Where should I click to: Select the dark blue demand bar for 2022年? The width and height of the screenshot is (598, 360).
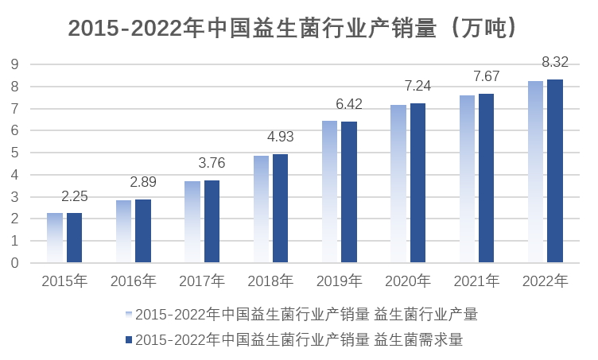[x=554, y=171]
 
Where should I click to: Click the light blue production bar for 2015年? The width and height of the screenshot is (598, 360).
[x=55, y=238]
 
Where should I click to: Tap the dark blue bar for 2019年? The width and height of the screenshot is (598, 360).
[x=349, y=192]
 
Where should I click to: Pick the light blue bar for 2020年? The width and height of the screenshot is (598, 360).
[x=398, y=184]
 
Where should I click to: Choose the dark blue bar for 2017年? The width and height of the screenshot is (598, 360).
[x=212, y=222]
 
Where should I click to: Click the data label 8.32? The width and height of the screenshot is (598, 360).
[x=554, y=62]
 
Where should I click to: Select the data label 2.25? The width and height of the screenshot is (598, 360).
[x=74, y=195]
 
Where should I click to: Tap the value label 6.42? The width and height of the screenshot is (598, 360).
[x=349, y=104]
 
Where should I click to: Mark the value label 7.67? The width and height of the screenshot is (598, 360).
[x=486, y=76]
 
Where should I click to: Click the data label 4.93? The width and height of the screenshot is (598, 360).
[x=280, y=137]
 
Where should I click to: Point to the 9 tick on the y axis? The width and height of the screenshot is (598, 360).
[x=14, y=64]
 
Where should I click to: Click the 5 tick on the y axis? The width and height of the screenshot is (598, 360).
[x=14, y=153]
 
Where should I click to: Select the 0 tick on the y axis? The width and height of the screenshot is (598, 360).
[x=14, y=263]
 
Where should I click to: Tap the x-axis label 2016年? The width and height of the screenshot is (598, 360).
[x=133, y=281]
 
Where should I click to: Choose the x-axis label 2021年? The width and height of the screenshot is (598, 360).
[x=476, y=281]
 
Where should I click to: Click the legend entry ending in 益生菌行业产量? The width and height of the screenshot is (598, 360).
[x=306, y=314]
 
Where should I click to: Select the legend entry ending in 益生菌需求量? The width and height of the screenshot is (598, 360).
[x=298, y=339]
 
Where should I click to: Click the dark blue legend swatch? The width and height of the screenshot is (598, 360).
[x=128, y=339]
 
